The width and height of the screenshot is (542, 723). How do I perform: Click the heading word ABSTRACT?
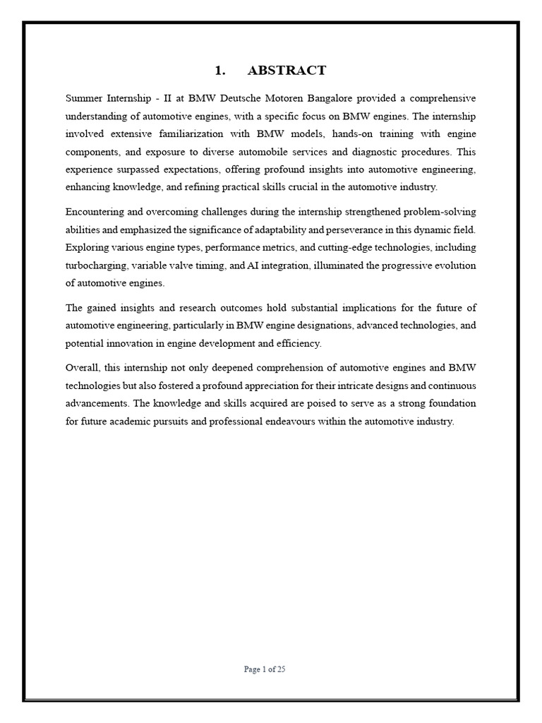tap(287, 70)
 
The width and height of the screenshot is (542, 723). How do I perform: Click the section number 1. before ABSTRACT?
tap(219, 70)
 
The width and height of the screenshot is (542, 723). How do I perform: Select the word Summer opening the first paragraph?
tap(83, 97)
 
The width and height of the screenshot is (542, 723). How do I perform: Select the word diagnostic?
tap(391, 151)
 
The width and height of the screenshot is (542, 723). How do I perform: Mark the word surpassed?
tap(136, 169)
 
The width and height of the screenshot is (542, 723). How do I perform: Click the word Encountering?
tap(95, 211)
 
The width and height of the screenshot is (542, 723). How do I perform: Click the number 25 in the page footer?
tap(280, 670)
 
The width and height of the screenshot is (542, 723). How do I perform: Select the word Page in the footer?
tap(252, 670)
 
